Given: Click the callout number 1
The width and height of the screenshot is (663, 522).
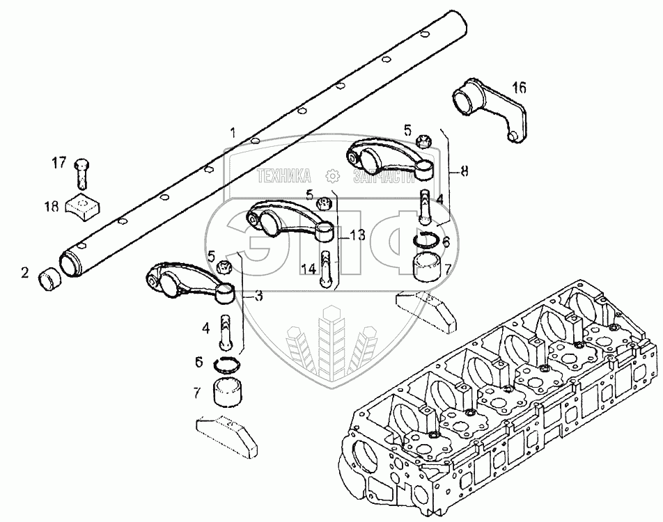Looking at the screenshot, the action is click(234, 132).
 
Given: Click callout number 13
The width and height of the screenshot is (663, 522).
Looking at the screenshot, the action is click(357, 235).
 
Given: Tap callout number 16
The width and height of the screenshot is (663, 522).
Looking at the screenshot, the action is click(519, 88).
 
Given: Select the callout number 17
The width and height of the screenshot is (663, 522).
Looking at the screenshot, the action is click(59, 164).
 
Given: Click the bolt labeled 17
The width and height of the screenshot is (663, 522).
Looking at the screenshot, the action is click(81, 173).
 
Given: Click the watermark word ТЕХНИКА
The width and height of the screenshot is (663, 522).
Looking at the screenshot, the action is click(286, 177).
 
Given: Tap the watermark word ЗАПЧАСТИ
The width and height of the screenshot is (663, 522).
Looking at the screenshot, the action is click(380, 177).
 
